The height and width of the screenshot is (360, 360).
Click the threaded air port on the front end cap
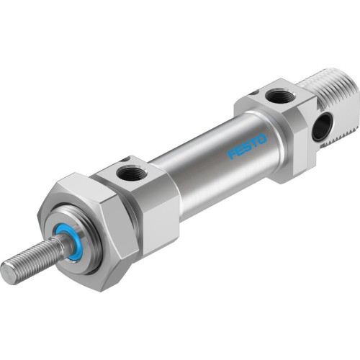[x=131, y=173]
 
